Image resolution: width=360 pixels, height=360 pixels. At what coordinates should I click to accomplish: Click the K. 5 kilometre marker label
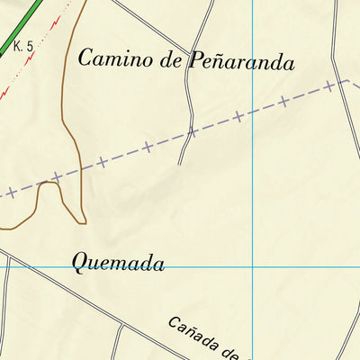tap(23, 46)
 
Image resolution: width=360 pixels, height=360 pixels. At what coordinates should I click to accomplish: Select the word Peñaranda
tap(241, 61)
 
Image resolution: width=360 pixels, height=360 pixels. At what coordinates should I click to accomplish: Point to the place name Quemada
tap(118, 264)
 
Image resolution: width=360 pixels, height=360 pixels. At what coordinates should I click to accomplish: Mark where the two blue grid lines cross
tap(253, 267)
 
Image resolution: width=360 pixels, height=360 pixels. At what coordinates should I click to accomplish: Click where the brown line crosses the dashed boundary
tap(81, 168)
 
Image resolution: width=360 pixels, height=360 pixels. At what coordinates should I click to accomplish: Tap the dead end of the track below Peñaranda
tap(180, 164)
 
